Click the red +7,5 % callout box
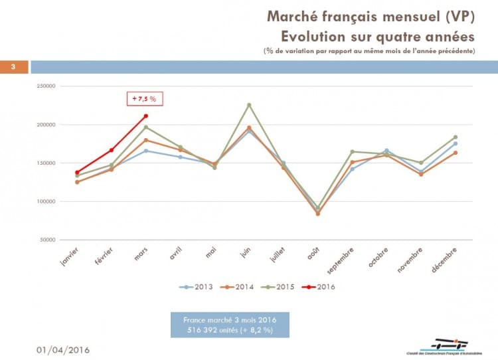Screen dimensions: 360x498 (145, 98)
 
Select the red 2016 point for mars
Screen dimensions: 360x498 (145, 116)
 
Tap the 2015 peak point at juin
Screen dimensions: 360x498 (249, 105)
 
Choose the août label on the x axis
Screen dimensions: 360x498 (312, 256)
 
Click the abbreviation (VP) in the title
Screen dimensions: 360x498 (457, 16)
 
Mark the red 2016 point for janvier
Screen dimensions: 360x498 (77, 173)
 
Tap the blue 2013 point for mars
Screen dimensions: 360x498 (145, 151)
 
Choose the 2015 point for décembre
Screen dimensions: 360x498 (456, 137)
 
